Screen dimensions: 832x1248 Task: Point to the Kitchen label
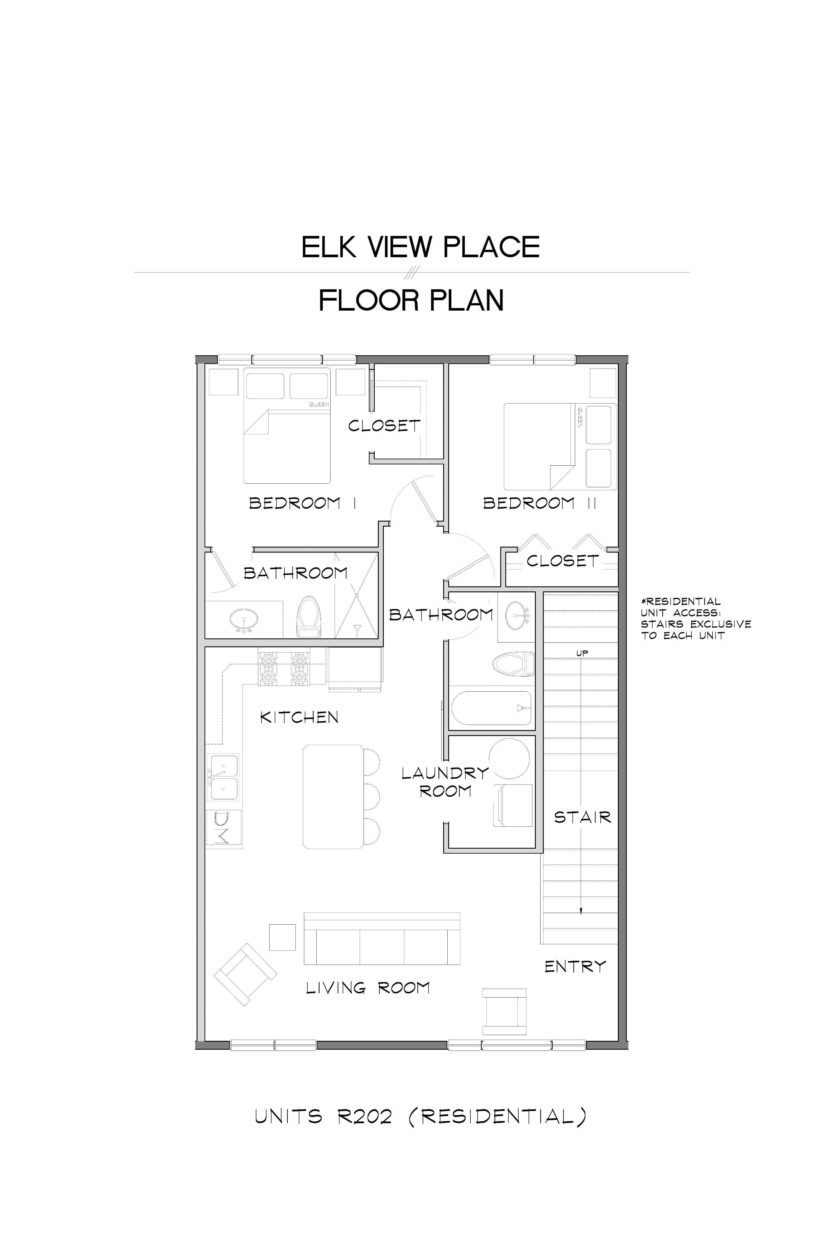tap(299, 717)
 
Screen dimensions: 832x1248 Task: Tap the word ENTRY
tap(575, 967)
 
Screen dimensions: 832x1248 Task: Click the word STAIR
tap(583, 817)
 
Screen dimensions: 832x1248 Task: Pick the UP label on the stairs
tap(582, 653)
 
